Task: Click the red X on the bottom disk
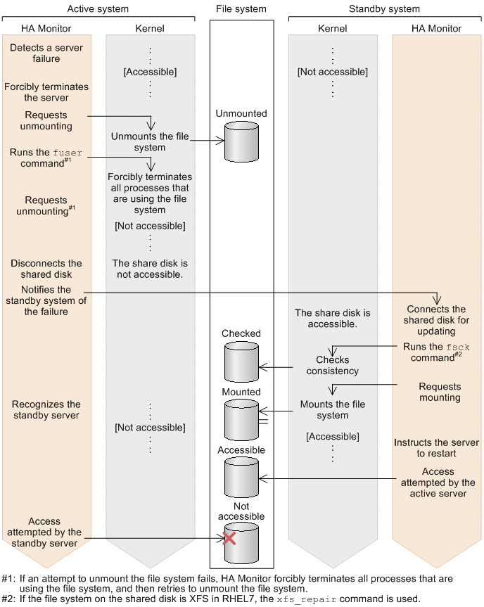pyautogui.click(x=229, y=538)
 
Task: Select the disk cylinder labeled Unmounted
pyautogui.click(x=241, y=141)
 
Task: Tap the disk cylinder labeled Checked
pyautogui.click(x=241, y=362)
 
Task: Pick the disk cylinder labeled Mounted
pyautogui.click(x=241, y=420)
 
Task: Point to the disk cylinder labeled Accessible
pyautogui.click(x=241, y=478)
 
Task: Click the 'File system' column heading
pyautogui.click(x=241, y=9)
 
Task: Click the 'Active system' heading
pyautogui.click(x=98, y=9)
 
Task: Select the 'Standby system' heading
pyautogui.click(x=385, y=9)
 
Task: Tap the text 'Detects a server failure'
pyautogui.click(x=46, y=53)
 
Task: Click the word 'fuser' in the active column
pyautogui.click(x=68, y=153)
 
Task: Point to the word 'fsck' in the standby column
pyautogui.click(x=458, y=347)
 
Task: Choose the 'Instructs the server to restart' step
pyautogui.click(x=436, y=448)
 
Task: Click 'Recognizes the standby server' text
pyautogui.click(x=46, y=409)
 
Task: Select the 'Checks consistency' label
pyautogui.click(x=333, y=366)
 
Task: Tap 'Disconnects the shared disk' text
pyautogui.click(x=46, y=269)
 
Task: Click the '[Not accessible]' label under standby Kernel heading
pyautogui.click(x=333, y=72)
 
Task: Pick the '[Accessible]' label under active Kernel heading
pyautogui.click(x=151, y=72)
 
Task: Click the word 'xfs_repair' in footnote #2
pyautogui.click(x=307, y=599)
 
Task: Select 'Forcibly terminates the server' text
pyautogui.click(x=46, y=92)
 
